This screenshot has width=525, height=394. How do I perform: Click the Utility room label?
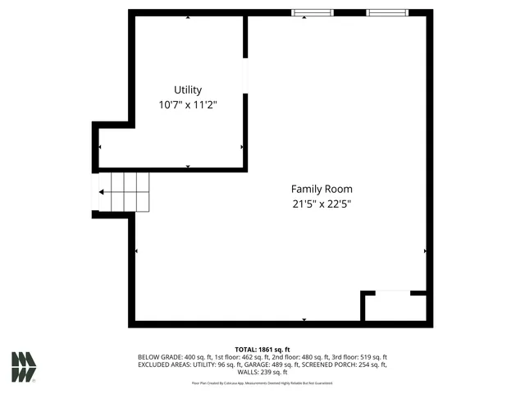187,90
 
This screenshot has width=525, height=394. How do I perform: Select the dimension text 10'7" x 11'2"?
187,105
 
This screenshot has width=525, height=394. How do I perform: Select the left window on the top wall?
313,12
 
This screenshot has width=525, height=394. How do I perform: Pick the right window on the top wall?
386,12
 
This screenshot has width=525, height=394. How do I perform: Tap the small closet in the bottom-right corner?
395,307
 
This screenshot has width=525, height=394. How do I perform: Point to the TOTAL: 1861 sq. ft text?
262,350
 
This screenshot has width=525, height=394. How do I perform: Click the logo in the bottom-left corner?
24,366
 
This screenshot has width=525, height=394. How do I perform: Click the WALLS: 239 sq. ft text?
262,372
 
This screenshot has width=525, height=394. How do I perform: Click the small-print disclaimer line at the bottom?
262,383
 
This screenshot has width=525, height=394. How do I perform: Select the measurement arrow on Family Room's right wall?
425,250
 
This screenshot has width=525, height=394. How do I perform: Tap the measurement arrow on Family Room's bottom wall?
304,319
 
